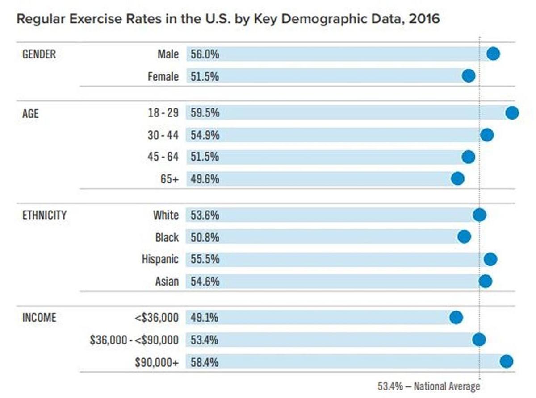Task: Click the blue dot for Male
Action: (x=493, y=54)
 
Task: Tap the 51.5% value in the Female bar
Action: (x=205, y=77)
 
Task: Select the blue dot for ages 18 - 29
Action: (x=512, y=112)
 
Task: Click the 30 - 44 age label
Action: (x=163, y=135)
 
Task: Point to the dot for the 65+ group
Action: (x=457, y=179)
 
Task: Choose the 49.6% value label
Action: (x=205, y=179)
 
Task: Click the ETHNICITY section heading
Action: (x=44, y=215)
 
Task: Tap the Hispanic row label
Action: (x=160, y=259)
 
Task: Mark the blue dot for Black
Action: (x=464, y=236)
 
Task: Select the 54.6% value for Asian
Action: (x=205, y=282)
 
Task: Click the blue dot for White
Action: (x=479, y=215)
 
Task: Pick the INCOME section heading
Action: (x=39, y=317)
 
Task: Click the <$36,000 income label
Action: (x=157, y=318)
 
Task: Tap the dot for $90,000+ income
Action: (x=506, y=361)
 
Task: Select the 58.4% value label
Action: (x=205, y=362)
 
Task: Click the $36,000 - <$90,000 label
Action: (x=134, y=340)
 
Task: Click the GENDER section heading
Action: (x=39, y=54)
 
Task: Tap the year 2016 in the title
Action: (x=424, y=19)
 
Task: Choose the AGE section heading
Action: (x=30, y=113)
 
